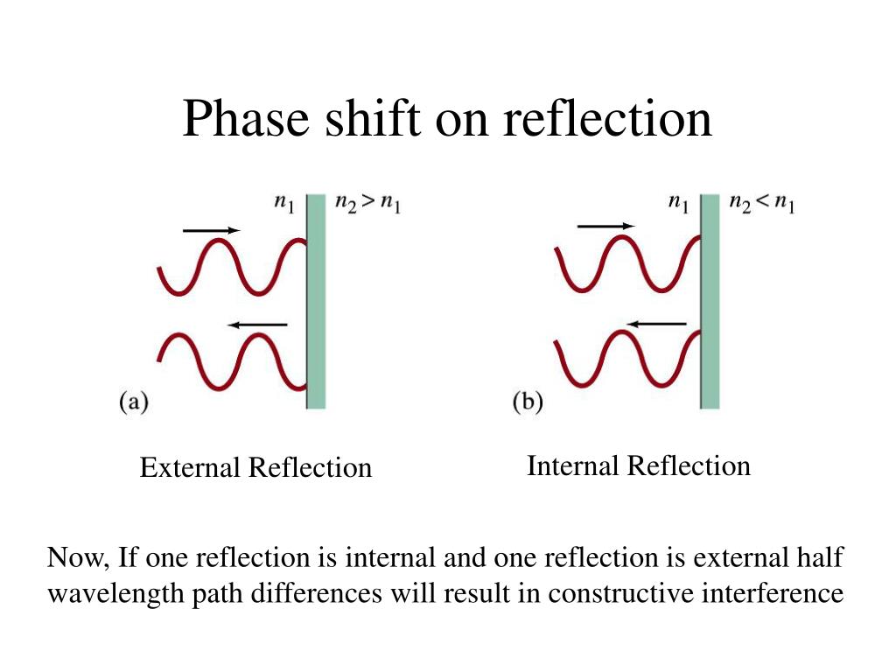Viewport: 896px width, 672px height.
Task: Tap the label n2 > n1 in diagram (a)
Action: tap(367, 204)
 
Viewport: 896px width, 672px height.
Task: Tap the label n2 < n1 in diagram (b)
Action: tap(762, 204)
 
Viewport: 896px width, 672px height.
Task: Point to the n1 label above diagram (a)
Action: tap(284, 204)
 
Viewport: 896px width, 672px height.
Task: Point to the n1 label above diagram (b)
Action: tap(679, 204)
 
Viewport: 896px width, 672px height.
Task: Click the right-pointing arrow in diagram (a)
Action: tap(211, 230)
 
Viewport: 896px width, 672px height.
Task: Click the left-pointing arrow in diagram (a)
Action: tap(257, 325)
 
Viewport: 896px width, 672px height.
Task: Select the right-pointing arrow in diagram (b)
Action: tap(605, 227)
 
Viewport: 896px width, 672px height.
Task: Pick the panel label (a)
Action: tap(133, 402)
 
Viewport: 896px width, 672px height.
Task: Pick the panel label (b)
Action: tap(527, 402)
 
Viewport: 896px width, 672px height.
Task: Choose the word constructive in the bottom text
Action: tap(612, 593)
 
